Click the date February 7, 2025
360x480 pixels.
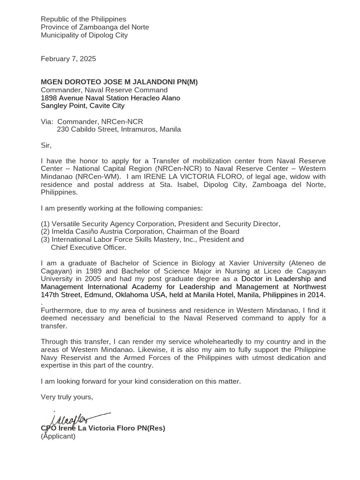pyautogui.click(x=68, y=59)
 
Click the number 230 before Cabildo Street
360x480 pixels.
pyautogui.click(x=63, y=129)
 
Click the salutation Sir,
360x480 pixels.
pyautogui.click(x=46, y=145)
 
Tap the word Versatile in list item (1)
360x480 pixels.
pyautogui.click(x=66, y=224)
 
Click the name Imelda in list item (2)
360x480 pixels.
pyautogui.click(x=63, y=232)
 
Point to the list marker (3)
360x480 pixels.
pyautogui.click(x=45, y=240)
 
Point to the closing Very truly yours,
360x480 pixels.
pyautogui.click(x=67, y=397)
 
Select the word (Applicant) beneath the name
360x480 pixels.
pyautogui.click(x=58, y=436)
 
